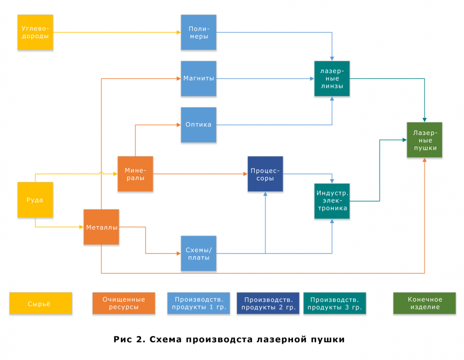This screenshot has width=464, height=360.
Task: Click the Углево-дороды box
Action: [35, 32]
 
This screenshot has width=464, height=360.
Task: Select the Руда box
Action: [35, 200]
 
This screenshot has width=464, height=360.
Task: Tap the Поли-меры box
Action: [199, 32]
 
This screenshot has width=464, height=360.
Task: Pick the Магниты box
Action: [199, 78]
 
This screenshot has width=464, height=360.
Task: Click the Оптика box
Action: [199, 125]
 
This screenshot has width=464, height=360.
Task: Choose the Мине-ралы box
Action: [135, 174]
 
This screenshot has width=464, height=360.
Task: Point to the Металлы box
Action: [101, 227]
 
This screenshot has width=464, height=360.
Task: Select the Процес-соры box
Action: [265, 174]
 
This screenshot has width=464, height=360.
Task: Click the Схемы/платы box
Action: [199, 253]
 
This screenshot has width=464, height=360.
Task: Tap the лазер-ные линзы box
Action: [332, 78]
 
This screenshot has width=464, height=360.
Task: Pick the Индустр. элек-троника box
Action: [332, 201]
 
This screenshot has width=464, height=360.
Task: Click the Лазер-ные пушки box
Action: [425, 140]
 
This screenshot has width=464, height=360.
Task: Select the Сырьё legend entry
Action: [41, 303]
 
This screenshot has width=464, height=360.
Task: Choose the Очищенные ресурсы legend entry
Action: [124, 303]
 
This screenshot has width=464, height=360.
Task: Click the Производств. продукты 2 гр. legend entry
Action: [268, 303]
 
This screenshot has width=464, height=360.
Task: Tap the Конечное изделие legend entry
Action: [425, 303]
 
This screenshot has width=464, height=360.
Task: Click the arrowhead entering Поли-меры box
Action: [179, 32]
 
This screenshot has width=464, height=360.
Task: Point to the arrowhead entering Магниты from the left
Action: [179, 78]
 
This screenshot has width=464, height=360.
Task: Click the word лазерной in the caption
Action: [281, 339]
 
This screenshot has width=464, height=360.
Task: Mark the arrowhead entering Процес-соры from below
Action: [265, 194]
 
